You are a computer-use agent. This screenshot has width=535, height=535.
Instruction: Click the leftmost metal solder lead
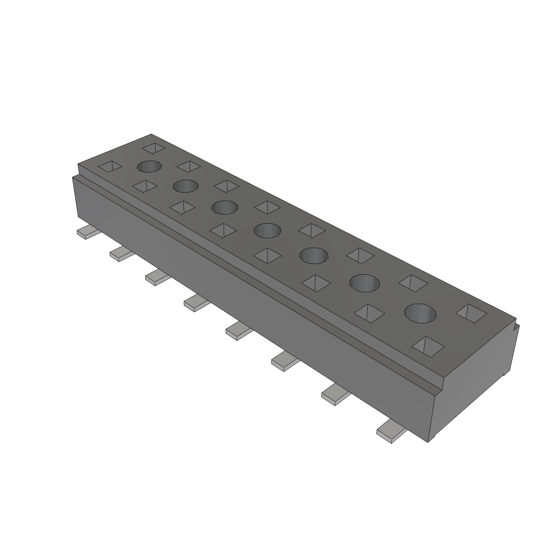click(x=86, y=232)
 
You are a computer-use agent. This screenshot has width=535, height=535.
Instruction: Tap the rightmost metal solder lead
click(x=391, y=432)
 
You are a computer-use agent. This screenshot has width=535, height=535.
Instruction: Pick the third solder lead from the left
click(x=157, y=277)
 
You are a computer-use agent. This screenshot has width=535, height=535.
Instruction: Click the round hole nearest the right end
click(x=421, y=313)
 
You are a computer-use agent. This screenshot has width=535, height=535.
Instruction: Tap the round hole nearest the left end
click(x=149, y=167)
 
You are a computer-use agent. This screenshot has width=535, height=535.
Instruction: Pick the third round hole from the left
click(x=225, y=207)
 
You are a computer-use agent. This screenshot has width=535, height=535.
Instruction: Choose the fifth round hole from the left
click(x=313, y=255)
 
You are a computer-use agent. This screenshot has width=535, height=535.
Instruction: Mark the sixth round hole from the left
click(x=365, y=283)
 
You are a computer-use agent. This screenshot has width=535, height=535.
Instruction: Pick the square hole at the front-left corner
click(x=110, y=167)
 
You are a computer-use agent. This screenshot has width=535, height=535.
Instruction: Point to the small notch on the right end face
click(x=516, y=328)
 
